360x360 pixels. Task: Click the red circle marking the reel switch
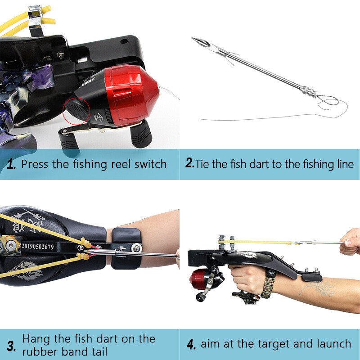tap(76, 110)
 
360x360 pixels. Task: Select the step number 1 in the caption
tap(12, 164)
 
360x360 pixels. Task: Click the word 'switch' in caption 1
tap(150, 164)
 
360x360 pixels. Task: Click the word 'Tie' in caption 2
tap(202, 164)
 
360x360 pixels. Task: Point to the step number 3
tap(11, 346)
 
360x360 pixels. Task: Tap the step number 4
tap(191, 345)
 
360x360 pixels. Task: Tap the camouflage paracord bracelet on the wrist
tap(269, 286)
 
